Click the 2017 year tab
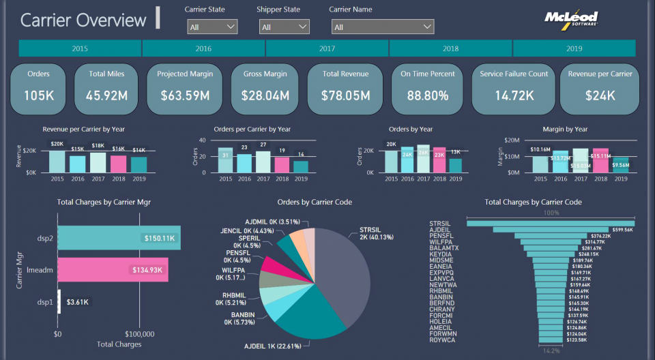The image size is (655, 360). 327,48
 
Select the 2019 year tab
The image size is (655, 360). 574,48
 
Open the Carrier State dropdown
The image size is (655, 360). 212,27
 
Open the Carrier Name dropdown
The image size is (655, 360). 382,27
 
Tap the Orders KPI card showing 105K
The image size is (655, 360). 39,88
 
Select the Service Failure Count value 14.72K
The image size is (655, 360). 514,95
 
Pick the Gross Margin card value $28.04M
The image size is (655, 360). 266,95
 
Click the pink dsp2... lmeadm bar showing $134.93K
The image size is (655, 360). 113,270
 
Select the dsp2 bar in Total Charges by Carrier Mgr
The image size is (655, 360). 119,238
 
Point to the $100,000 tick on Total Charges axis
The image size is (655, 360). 141,334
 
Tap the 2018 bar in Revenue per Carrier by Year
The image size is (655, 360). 119,164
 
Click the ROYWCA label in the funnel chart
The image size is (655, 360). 443,340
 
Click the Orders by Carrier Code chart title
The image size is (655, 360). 315,202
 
